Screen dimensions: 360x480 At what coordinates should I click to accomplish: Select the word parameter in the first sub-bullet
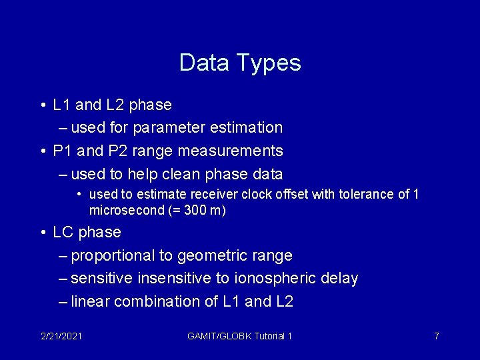163,127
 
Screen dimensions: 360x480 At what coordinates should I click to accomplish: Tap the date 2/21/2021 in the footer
61,336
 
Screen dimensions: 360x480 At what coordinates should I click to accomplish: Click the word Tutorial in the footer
269,336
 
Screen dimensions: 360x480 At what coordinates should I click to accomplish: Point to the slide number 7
437,336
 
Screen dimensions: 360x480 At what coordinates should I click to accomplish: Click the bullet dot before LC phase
42,233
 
